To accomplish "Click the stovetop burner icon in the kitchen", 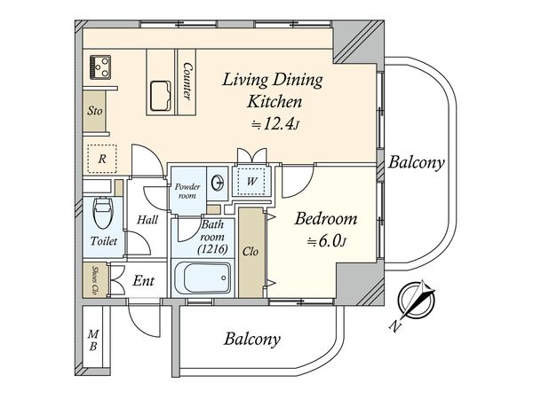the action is (x=100, y=67).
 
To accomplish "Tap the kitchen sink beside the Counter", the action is (x=161, y=96).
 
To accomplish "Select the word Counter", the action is (x=187, y=81).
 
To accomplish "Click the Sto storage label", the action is (x=94, y=111).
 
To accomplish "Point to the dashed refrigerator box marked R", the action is (x=102, y=159).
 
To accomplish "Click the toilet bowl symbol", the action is (x=103, y=212).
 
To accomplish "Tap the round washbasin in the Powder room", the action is (x=218, y=184).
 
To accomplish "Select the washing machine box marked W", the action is (x=251, y=181).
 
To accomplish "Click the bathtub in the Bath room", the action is (x=203, y=277).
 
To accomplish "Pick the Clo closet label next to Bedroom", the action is (x=251, y=252).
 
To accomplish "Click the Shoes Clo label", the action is (x=96, y=279).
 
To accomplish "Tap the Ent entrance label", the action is (x=143, y=280).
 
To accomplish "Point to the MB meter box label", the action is (x=92, y=340).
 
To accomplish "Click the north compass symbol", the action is (x=417, y=301).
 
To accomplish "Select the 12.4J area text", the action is (x=275, y=125).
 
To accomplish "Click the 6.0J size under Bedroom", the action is (x=326, y=241).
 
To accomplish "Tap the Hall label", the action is (x=147, y=220).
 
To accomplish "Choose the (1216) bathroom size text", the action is (x=213, y=249).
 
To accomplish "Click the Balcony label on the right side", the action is (x=416, y=162).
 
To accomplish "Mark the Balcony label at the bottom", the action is (x=252, y=339).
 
